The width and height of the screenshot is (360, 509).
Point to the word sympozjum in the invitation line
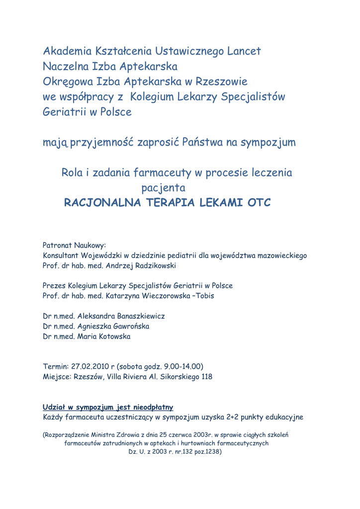tap(268, 143)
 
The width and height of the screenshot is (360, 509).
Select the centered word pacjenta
tap(164, 188)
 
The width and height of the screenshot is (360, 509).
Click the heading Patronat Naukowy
tap(75, 245)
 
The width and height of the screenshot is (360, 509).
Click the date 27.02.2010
tap(90, 367)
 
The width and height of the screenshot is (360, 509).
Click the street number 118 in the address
tap(206, 377)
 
